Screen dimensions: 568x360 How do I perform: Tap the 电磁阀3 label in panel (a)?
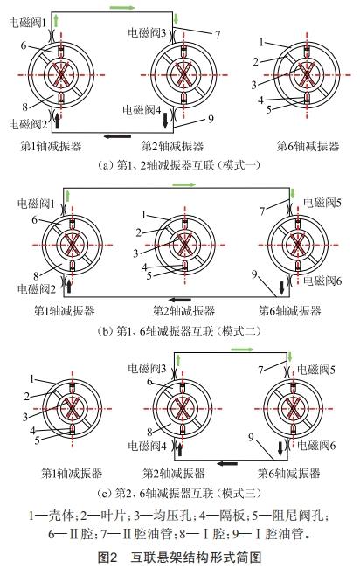point(147,32)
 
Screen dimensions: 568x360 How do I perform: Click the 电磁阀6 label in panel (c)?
point(322,446)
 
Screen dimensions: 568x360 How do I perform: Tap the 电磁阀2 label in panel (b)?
point(35,287)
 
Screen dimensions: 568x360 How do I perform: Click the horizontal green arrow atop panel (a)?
point(123,7)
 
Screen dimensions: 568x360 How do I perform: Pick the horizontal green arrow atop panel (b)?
point(184,185)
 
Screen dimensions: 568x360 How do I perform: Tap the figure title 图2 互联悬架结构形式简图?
point(179,556)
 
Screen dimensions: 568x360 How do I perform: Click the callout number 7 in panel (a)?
point(216,34)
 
